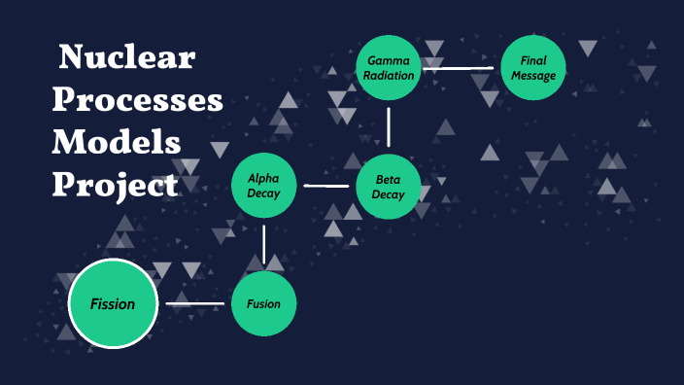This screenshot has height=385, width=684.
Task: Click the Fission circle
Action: [113, 304]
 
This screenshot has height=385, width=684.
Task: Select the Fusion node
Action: [263, 304]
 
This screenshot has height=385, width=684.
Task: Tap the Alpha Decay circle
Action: [263, 186]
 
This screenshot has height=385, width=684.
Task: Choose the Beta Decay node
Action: [389, 186]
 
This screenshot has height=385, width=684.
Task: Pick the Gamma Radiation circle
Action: [389, 68]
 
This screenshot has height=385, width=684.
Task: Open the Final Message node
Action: [533, 68]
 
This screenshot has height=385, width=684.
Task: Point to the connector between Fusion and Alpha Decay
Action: [263, 245]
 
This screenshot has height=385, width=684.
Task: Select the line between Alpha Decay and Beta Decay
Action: [326, 186]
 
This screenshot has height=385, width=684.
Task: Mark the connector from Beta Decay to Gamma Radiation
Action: [389, 126]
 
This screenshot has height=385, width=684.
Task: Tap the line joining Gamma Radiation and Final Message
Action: [461, 68]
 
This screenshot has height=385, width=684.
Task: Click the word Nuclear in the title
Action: [127, 58]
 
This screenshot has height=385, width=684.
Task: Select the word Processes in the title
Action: [137, 100]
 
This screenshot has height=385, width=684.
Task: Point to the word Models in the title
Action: [117, 142]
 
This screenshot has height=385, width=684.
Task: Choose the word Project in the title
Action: [115, 184]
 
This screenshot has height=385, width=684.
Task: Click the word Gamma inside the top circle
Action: [389, 60]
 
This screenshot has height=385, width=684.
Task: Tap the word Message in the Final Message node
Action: [533, 76]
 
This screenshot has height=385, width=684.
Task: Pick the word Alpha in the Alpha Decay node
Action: [263, 178]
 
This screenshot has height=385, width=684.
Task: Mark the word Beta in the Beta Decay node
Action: [389, 179]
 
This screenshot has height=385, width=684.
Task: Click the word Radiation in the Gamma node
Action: [389, 76]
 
